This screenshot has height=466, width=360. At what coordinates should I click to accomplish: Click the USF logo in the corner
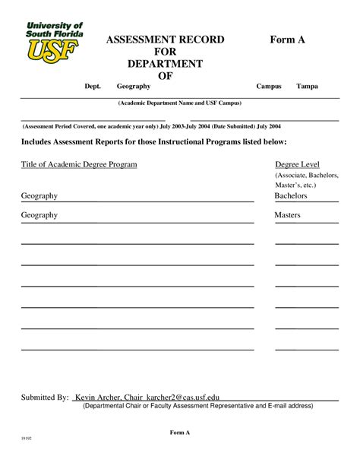point(54,42)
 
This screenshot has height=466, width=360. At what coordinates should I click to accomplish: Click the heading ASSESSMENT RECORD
point(164,40)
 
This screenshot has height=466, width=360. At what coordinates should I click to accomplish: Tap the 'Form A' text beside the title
point(288,40)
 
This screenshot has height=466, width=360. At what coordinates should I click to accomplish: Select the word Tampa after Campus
point(307,87)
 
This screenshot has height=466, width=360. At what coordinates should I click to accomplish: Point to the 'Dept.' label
point(92,87)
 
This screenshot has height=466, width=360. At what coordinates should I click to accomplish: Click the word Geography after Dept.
point(134,87)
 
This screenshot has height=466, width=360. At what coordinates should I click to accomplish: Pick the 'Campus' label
point(269,87)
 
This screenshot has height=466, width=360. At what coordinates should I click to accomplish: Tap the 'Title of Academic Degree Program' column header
point(79,164)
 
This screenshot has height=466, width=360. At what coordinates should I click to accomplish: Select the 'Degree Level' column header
point(297,164)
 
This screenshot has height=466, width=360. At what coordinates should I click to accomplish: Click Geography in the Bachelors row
point(39,196)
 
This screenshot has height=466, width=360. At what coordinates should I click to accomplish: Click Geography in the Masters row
point(39,215)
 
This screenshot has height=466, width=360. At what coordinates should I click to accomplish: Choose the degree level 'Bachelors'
point(291,196)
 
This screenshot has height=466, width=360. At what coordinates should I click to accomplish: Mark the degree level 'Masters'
point(288,215)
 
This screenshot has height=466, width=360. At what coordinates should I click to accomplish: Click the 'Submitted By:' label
point(45,398)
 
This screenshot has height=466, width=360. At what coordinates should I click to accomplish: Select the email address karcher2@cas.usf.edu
point(181,398)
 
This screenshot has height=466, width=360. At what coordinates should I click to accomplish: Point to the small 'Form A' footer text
point(180,433)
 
